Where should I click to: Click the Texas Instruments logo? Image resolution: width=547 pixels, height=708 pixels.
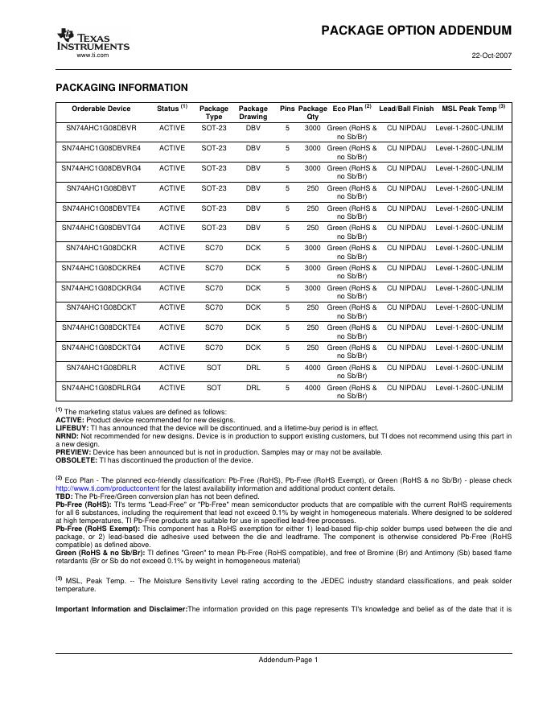click(x=92, y=39)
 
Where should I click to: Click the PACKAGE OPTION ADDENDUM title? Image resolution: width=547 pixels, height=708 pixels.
click(x=416, y=31)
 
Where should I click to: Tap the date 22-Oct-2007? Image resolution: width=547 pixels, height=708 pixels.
click(x=491, y=56)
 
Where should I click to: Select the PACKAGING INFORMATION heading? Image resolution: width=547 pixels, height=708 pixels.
click(x=121, y=88)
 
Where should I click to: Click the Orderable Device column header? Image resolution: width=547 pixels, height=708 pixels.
click(x=101, y=108)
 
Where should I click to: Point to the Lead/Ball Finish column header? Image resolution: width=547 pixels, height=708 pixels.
click(x=406, y=108)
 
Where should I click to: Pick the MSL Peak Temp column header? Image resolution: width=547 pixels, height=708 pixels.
click(x=473, y=108)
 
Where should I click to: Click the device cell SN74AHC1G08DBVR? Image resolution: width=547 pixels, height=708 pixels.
click(x=101, y=128)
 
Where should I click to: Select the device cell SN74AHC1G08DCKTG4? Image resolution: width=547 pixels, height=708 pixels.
click(x=101, y=348)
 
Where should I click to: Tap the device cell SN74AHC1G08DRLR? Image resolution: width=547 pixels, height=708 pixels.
click(x=101, y=368)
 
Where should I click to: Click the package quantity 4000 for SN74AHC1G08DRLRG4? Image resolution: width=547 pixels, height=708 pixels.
click(x=312, y=388)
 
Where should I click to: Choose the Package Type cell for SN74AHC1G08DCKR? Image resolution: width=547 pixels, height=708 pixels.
click(x=214, y=248)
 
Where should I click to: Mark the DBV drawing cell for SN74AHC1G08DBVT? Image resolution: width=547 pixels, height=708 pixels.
click(x=253, y=188)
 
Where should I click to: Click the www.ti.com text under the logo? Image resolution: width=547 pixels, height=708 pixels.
click(x=92, y=55)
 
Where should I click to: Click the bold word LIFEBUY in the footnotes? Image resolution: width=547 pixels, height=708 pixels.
click(x=72, y=428)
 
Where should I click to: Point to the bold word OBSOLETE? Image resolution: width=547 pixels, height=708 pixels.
click(x=76, y=461)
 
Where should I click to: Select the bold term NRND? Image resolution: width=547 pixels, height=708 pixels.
click(x=68, y=436)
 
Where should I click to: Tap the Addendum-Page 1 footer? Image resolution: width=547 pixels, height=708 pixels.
click(x=288, y=660)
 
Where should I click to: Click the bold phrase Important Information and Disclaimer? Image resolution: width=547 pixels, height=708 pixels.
click(x=121, y=609)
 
